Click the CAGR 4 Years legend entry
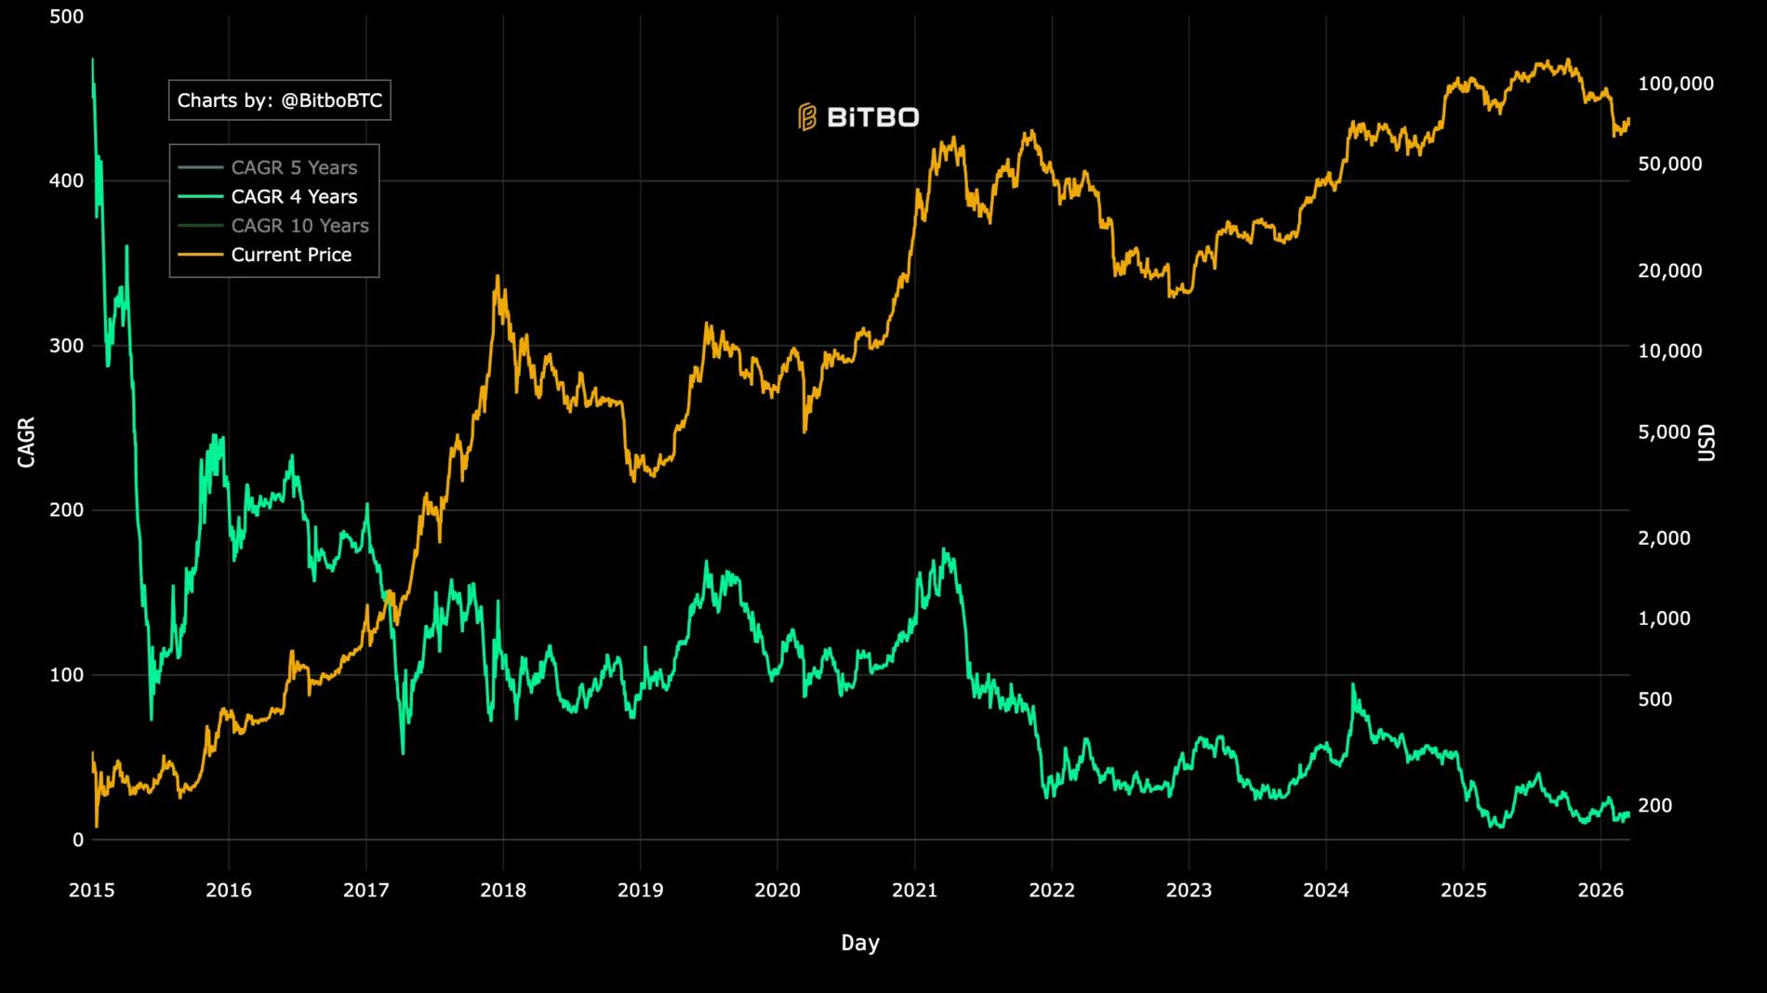294,196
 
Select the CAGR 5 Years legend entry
294,167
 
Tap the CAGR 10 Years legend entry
299,225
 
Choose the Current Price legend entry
291,255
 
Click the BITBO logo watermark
858,117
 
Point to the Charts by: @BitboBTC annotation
279,100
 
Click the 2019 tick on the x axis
640,891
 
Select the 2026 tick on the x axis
1601,891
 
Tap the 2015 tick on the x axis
92,891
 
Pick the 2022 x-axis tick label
1052,891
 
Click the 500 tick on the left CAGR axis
66,17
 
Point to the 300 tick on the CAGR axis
66,346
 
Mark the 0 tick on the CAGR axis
78,840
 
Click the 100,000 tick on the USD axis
1675,84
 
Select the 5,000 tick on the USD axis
1664,431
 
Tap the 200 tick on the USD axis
1654,805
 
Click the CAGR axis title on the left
26,442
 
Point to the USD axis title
1707,442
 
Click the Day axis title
859,943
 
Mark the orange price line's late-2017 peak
498,276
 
